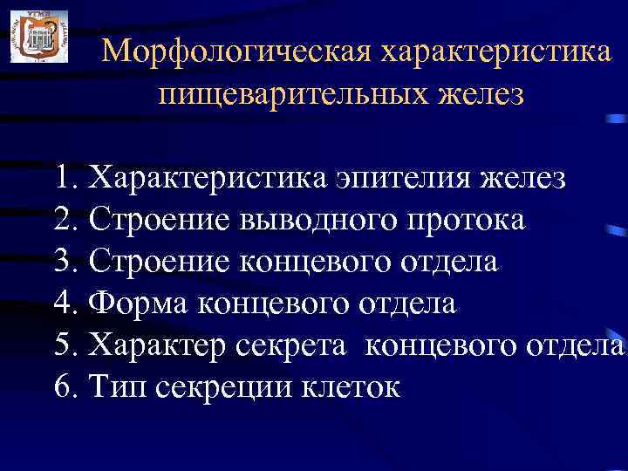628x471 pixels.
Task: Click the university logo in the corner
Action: pyautogui.click(x=38, y=37)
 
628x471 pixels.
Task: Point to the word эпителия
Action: pyautogui.click(x=403, y=179)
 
